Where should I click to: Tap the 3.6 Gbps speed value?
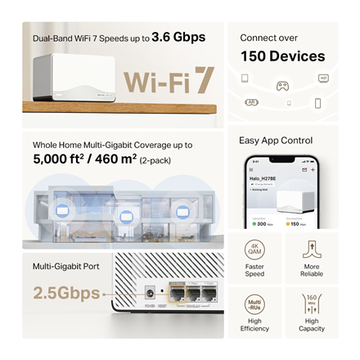click(178, 37)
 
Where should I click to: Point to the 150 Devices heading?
click(282, 56)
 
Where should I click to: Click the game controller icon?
click(282, 84)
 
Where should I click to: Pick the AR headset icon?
click(252, 102)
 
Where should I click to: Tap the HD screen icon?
click(324, 79)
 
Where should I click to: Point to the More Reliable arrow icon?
click(312, 249)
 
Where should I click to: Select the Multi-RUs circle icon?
click(254, 305)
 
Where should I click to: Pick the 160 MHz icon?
click(312, 304)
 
